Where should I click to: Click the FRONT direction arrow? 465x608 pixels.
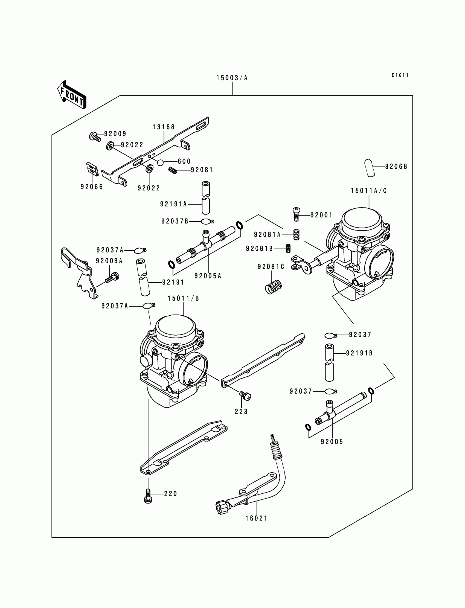72,95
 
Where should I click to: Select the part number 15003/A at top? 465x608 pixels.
232,78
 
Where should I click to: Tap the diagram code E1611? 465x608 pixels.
400,75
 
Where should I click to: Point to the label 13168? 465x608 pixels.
164,127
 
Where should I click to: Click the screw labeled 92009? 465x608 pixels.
95,136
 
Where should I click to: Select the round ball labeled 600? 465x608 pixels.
160,162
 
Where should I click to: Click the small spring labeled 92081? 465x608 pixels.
173,170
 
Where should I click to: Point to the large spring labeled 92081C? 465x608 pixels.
274,287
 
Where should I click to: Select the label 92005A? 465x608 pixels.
208,276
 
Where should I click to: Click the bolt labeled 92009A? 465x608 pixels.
112,278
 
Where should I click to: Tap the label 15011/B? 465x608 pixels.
183,298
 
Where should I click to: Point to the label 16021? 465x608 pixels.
256,518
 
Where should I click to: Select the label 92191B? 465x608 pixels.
359,353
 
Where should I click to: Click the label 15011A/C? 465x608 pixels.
369,191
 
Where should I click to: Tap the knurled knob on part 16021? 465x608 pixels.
222,507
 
